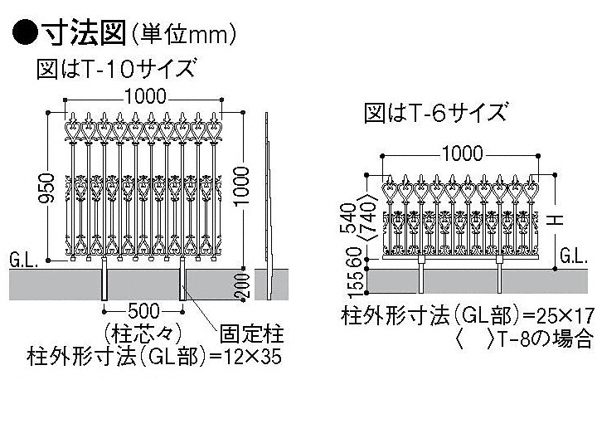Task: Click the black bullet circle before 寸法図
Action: point(24,32)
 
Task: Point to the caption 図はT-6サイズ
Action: point(435,113)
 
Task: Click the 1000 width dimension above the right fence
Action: point(462,153)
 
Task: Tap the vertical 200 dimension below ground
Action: point(241,285)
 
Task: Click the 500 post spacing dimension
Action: point(143,310)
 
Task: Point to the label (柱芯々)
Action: point(143,334)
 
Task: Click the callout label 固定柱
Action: point(251,335)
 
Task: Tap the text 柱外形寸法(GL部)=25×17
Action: point(468,316)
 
